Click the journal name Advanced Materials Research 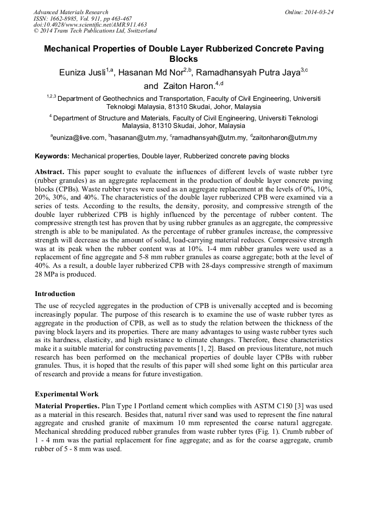[x=71, y=12]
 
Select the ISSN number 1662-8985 [x=63, y=18]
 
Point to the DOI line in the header [x=90, y=25]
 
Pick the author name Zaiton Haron [x=187, y=86]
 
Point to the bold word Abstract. [x=49, y=171]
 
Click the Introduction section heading [x=55, y=294]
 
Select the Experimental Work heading [x=67, y=394]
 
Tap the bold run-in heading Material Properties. [x=67, y=406]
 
